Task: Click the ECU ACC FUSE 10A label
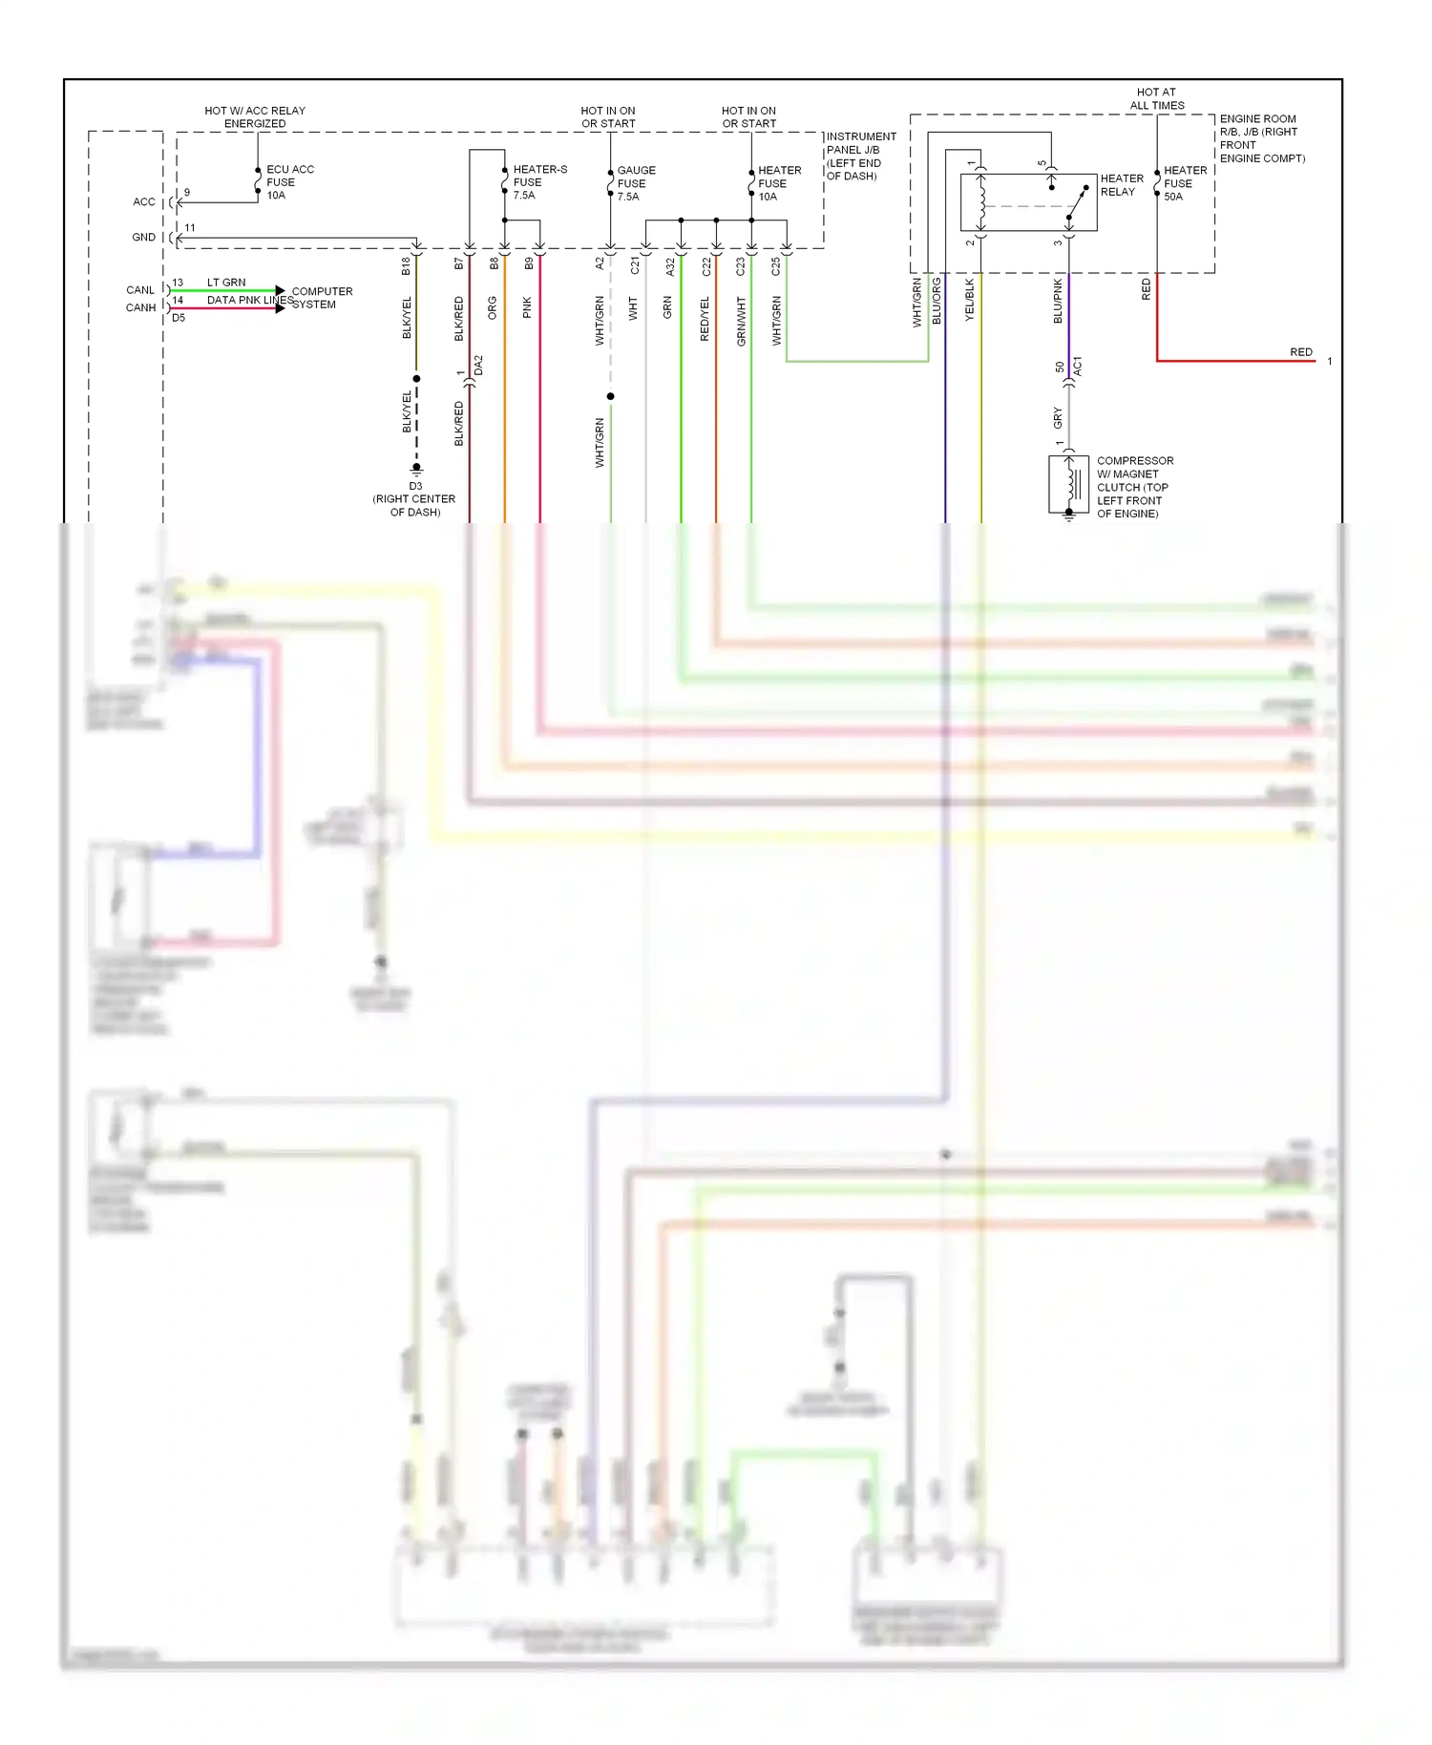click(x=289, y=182)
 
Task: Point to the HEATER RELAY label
click(x=1121, y=185)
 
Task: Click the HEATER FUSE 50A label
click(x=1185, y=183)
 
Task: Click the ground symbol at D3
click(x=416, y=470)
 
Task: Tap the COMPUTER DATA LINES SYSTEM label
click(x=321, y=298)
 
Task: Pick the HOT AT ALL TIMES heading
click(x=1156, y=99)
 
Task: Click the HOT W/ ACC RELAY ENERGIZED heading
click(x=255, y=117)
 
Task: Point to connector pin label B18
click(x=406, y=266)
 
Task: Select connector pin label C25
click(x=775, y=266)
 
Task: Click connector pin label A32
click(x=670, y=266)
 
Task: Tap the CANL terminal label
click(x=140, y=290)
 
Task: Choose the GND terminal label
click(x=143, y=238)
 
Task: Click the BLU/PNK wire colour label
click(x=1058, y=301)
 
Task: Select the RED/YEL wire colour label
click(x=705, y=319)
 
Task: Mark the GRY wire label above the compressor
click(x=1058, y=417)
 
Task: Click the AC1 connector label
click(x=1078, y=366)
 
